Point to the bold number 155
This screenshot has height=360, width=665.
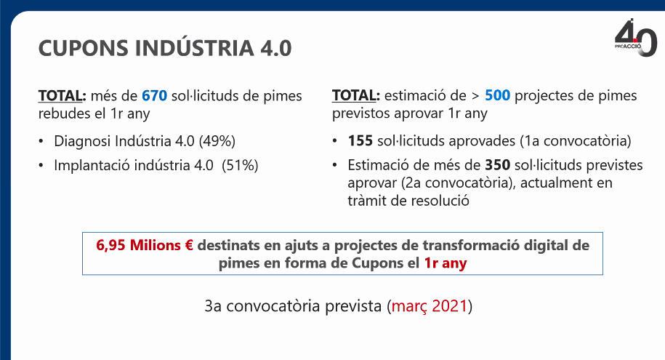360,141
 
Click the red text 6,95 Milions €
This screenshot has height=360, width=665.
144,245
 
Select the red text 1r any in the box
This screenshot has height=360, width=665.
445,263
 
